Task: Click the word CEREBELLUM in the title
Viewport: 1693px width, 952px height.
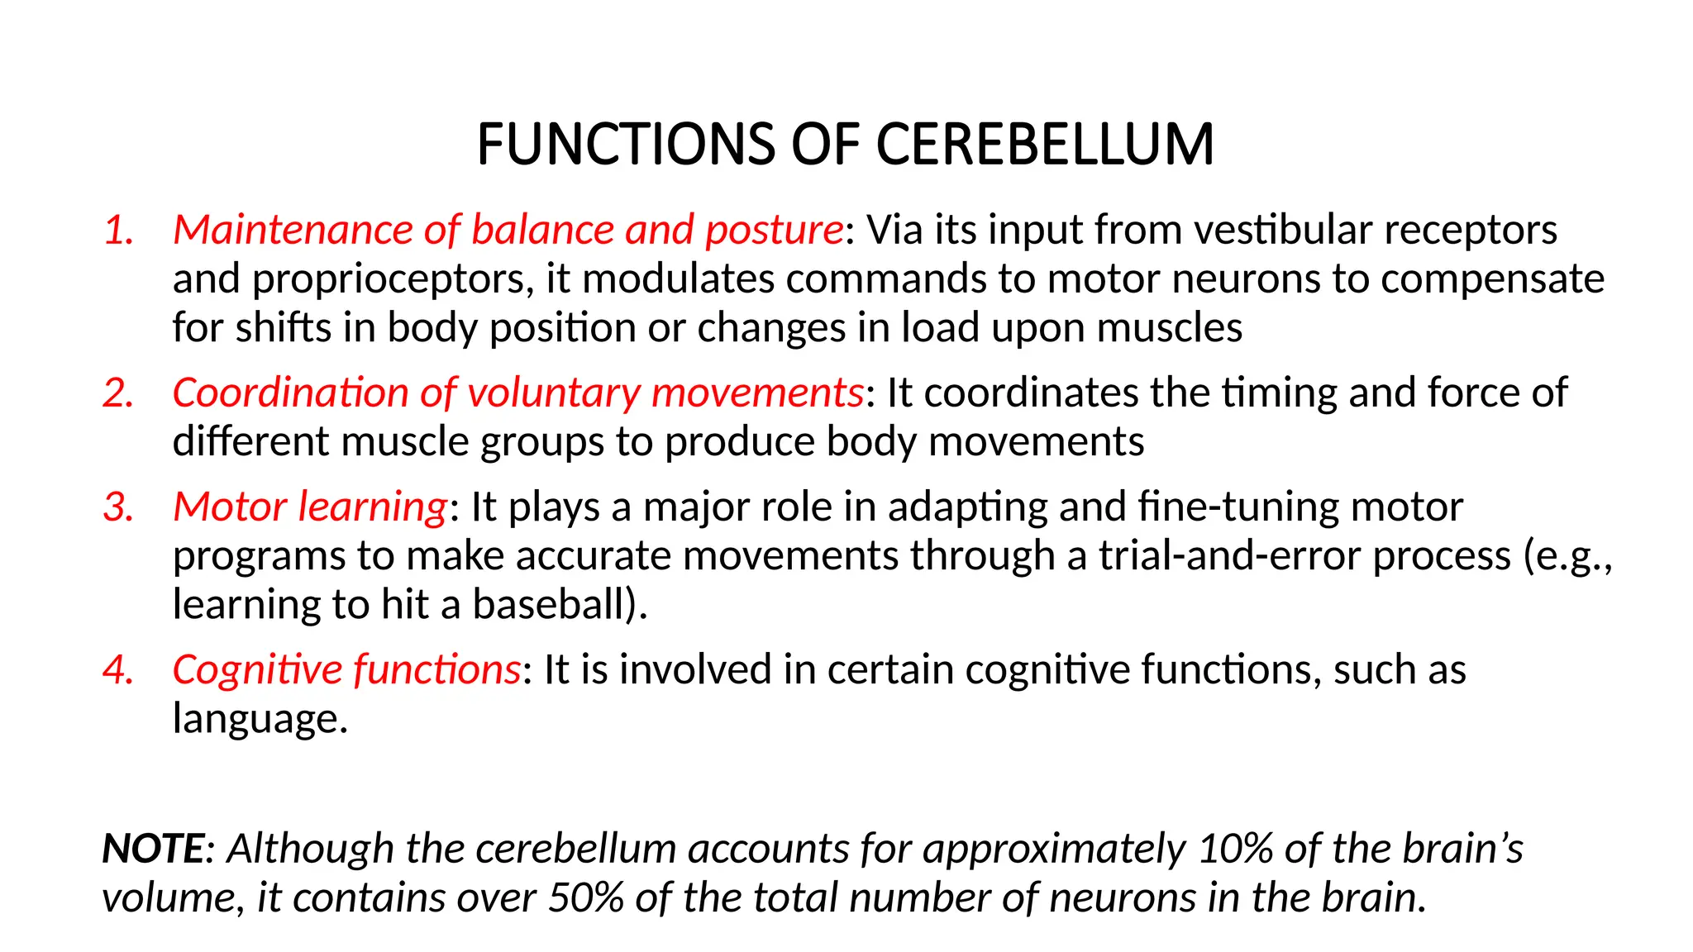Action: [x=1044, y=145]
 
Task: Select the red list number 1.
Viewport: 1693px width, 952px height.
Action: [x=119, y=231]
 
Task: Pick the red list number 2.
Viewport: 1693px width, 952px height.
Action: [x=119, y=393]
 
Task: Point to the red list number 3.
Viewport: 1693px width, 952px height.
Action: [x=119, y=507]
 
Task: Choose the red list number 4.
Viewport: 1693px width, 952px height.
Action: [x=119, y=670]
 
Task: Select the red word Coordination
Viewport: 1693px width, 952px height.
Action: [x=290, y=393]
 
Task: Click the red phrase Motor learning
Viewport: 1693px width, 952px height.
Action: [x=310, y=507]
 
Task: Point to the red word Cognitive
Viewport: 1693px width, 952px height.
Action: [x=257, y=670]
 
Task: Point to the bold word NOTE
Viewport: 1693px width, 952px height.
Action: [x=153, y=850]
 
